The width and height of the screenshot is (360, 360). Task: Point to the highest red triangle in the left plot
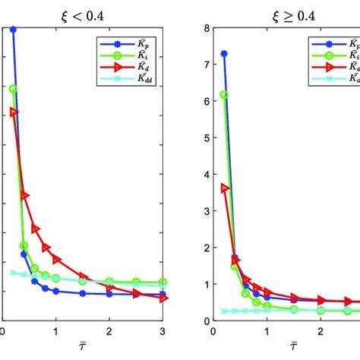point(14,112)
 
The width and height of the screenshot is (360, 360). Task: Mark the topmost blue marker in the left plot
point(14,30)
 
